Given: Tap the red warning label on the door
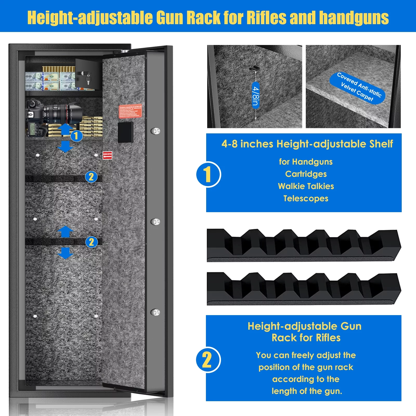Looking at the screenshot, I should click(130, 111).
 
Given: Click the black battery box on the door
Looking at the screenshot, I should click(126, 132).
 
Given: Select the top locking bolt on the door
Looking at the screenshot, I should click(155, 131).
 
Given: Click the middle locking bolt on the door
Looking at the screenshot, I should click(155, 222).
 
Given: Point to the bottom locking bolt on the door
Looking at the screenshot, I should click(155, 312).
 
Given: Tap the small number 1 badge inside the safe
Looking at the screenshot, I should click(76, 136).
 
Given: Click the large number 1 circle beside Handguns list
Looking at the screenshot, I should click(208, 174).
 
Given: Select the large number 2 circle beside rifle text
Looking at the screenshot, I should click(208, 360).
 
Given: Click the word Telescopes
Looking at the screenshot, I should click(306, 199).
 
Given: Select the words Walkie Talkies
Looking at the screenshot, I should click(306, 186).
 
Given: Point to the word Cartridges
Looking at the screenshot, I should click(306, 174).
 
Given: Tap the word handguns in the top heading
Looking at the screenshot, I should click(354, 18).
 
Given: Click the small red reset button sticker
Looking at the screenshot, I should click(107, 155).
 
